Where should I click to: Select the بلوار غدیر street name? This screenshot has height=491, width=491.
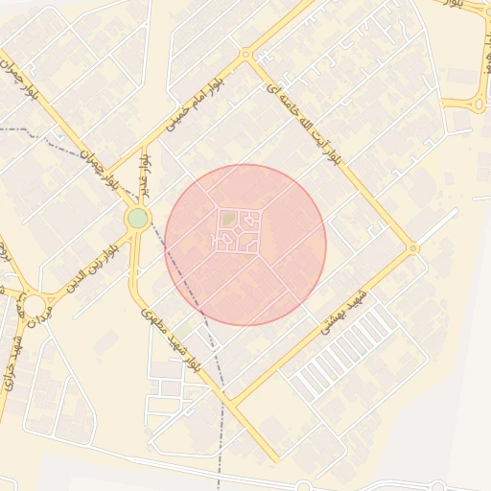(x=147, y=173)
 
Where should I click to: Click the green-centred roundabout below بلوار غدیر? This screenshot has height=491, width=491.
(x=138, y=219)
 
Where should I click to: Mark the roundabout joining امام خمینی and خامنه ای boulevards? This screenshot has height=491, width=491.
(x=247, y=56)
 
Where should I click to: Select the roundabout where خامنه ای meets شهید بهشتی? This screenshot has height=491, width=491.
(x=413, y=248)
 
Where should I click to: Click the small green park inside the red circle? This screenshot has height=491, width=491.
(x=227, y=221)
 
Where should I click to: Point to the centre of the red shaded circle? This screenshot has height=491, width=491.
(x=245, y=245)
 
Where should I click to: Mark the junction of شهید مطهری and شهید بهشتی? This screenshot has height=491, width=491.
(x=230, y=402)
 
